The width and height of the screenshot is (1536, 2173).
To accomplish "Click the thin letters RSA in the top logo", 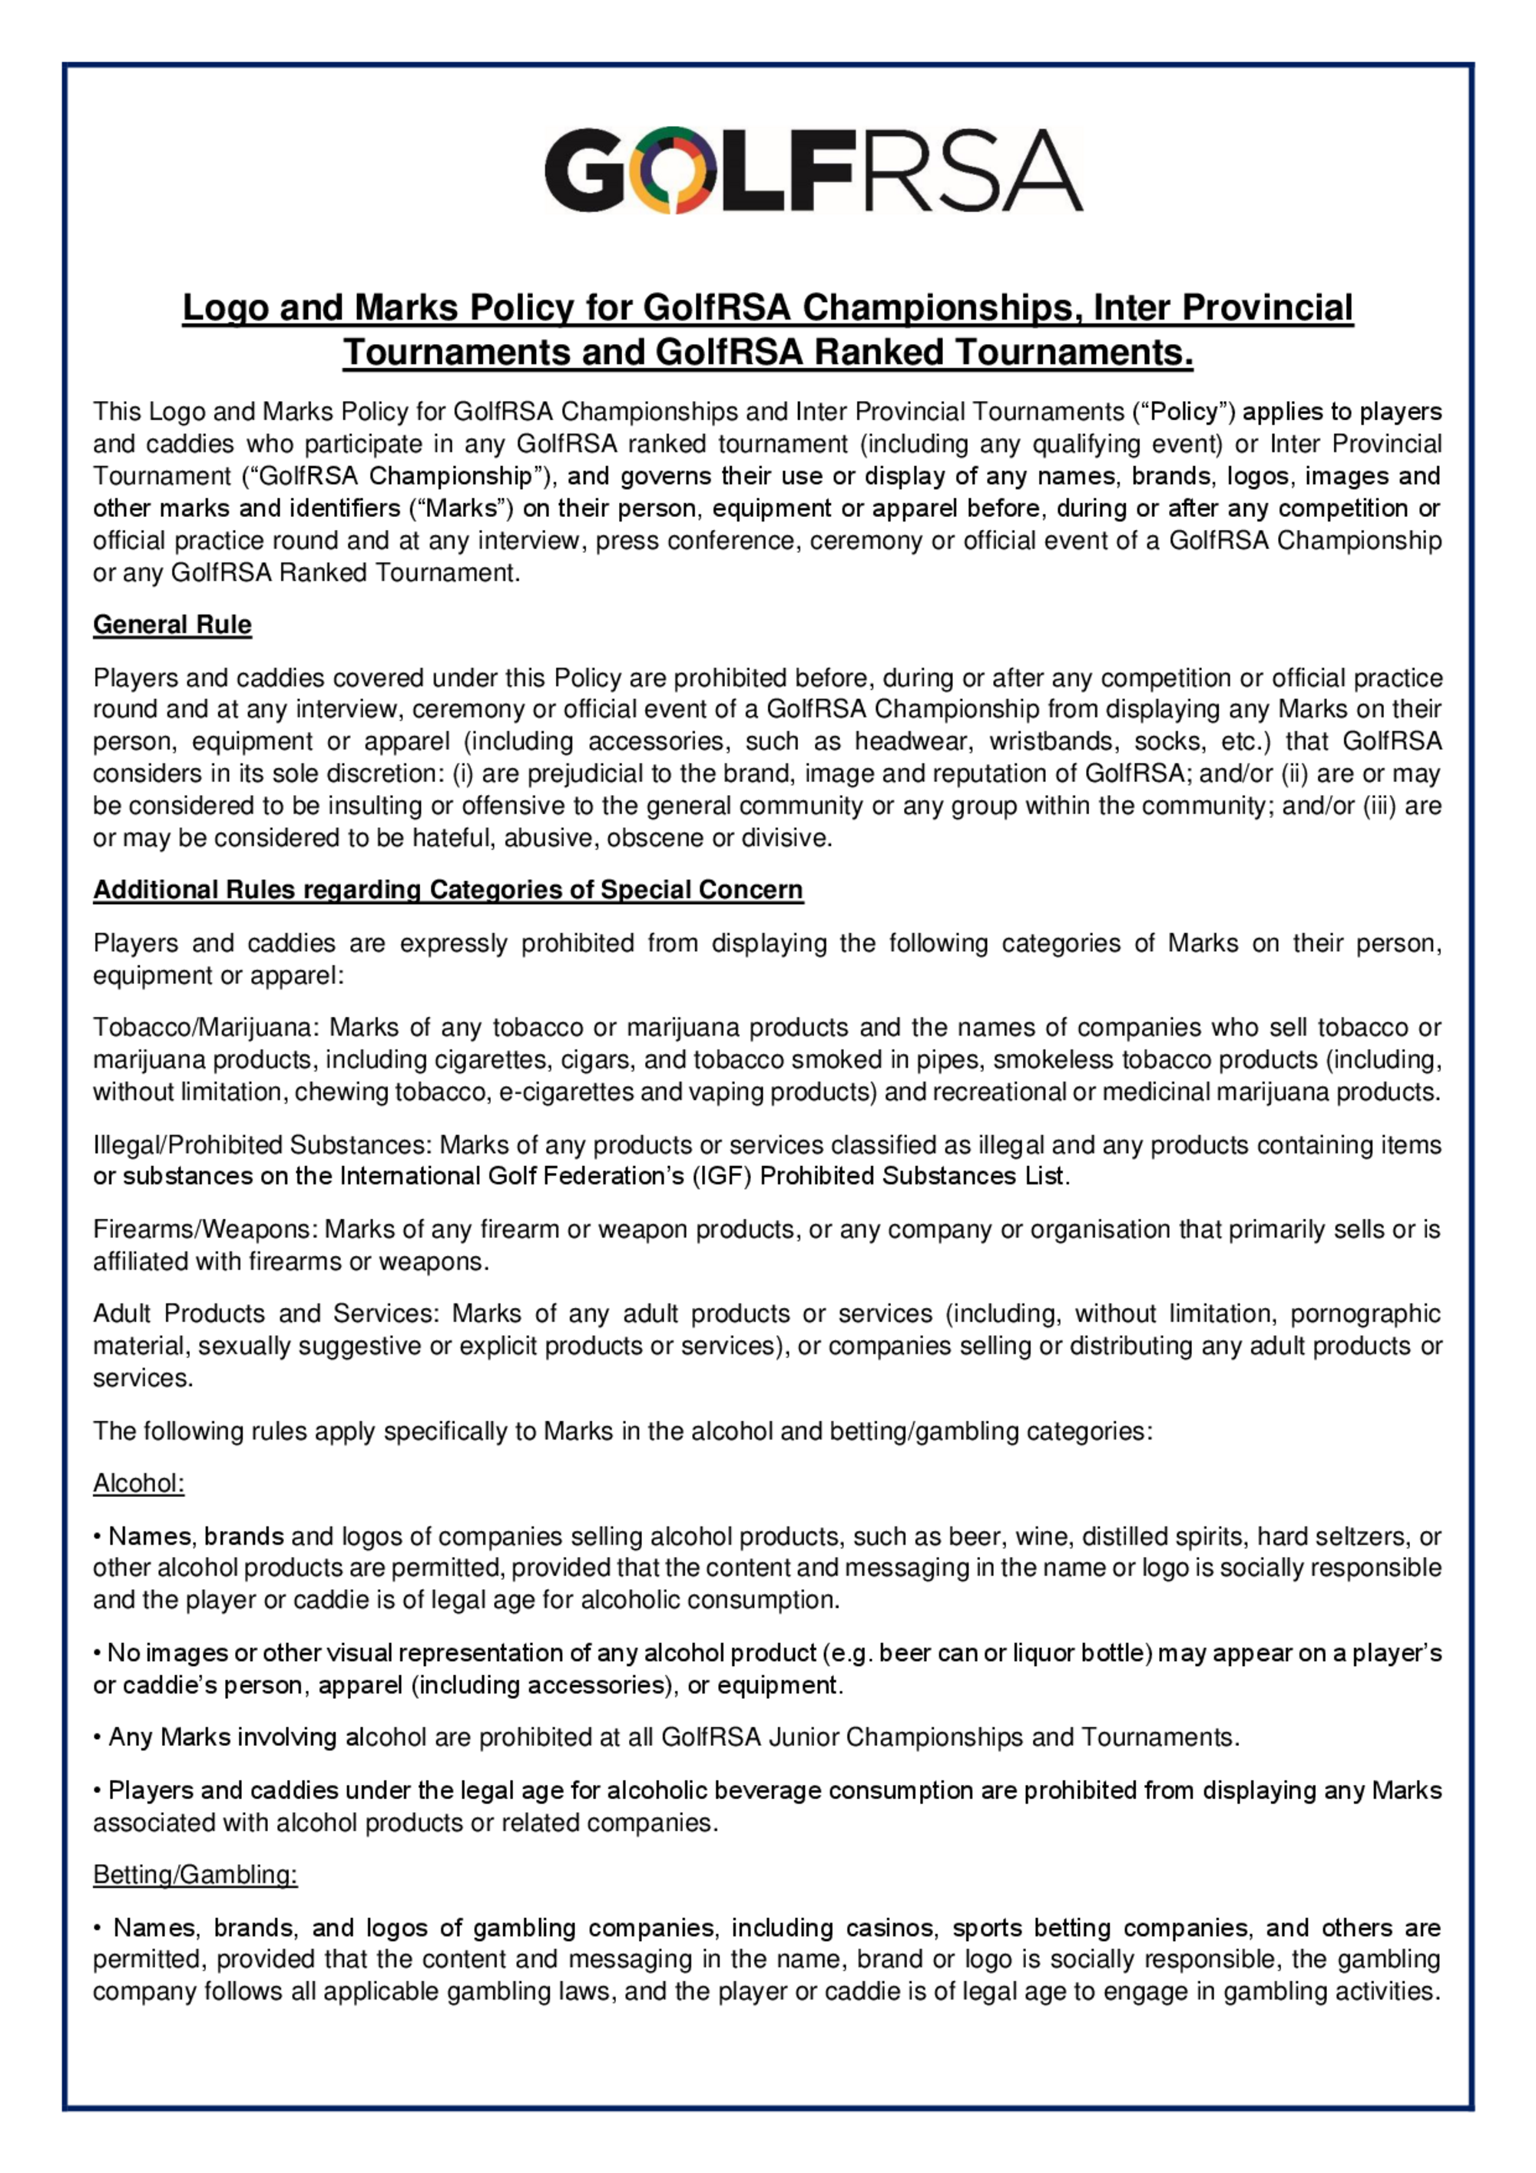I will point(962,171).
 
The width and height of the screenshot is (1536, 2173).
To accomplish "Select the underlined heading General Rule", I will point(172,624).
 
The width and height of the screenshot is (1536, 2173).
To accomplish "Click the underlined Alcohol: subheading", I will point(138,1483).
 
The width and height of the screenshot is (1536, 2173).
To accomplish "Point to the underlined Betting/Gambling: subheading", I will point(195,1875).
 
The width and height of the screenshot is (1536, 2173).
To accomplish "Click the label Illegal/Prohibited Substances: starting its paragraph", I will point(262,1145).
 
